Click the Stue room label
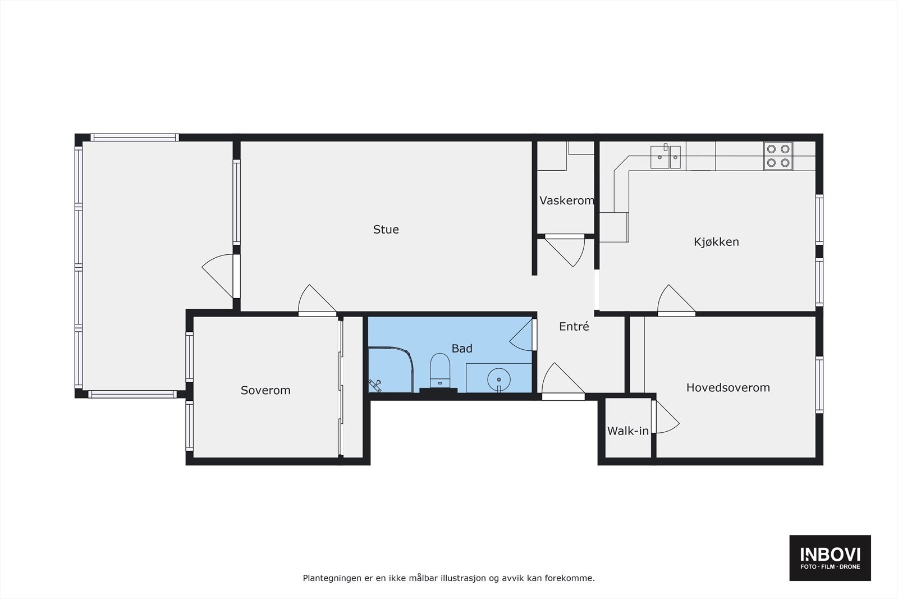[386, 230]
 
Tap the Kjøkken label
[716, 242]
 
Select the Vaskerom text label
[566, 200]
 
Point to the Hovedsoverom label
[728, 387]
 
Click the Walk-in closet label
[627, 431]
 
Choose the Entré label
[574, 326]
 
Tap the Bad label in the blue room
[462, 349]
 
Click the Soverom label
[265, 390]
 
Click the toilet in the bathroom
[440, 371]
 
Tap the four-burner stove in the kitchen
[778, 156]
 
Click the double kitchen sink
[666, 157]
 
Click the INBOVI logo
[830, 557]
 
